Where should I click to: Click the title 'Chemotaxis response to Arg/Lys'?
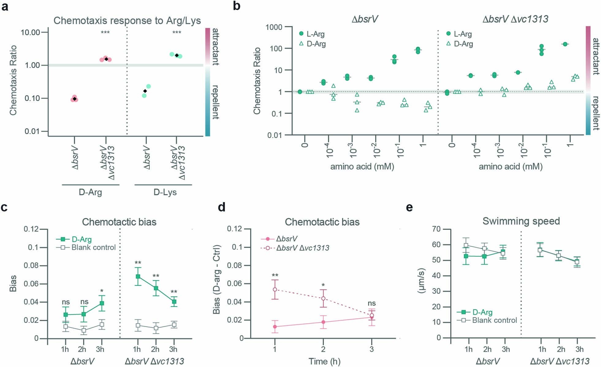coord(127,21)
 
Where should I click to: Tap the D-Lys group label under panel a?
coord(165,192)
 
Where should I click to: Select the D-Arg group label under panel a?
coord(90,192)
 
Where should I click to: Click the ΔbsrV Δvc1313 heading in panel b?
coord(515,19)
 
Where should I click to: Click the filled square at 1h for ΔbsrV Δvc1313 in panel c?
coord(138,276)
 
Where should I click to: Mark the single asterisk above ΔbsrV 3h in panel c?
coord(102,290)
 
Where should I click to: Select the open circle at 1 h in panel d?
coord(275,289)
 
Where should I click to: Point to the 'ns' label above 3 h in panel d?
coord(371,303)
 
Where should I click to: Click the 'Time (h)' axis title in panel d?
coord(324,361)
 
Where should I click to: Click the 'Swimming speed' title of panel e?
coord(521,221)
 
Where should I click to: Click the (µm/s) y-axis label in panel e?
coord(421,283)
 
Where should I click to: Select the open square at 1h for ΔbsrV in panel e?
coord(466,245)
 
